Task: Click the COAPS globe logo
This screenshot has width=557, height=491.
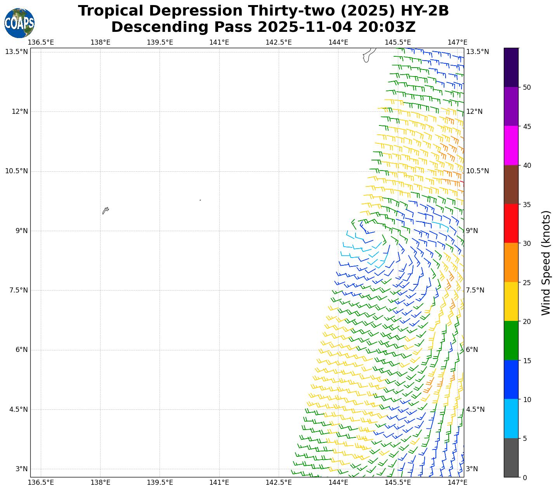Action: coord(19,23)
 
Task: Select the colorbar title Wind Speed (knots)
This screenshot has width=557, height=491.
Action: coord(546,263)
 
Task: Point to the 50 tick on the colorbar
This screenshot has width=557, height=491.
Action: coord(527,87)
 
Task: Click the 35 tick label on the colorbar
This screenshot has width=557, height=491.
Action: coord(527,204)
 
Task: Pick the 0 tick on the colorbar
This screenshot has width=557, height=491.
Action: coord(525,477)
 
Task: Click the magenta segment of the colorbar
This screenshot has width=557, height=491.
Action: coord(511,145)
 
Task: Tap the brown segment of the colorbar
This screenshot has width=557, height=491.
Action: coord(511,185)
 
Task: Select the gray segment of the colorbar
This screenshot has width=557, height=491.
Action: coord(511,458)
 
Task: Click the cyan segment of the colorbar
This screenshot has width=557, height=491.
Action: coord(511,418)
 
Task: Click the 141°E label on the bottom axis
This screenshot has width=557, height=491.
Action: coord(219,482)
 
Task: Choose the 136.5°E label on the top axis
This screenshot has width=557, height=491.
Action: coord(41,42)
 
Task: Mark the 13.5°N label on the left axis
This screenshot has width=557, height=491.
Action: coord(16,52)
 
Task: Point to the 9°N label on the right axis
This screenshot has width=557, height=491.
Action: coord(472,231)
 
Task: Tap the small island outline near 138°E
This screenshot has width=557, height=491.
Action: coord(105,211)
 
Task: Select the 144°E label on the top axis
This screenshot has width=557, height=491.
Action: coord(338,42)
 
